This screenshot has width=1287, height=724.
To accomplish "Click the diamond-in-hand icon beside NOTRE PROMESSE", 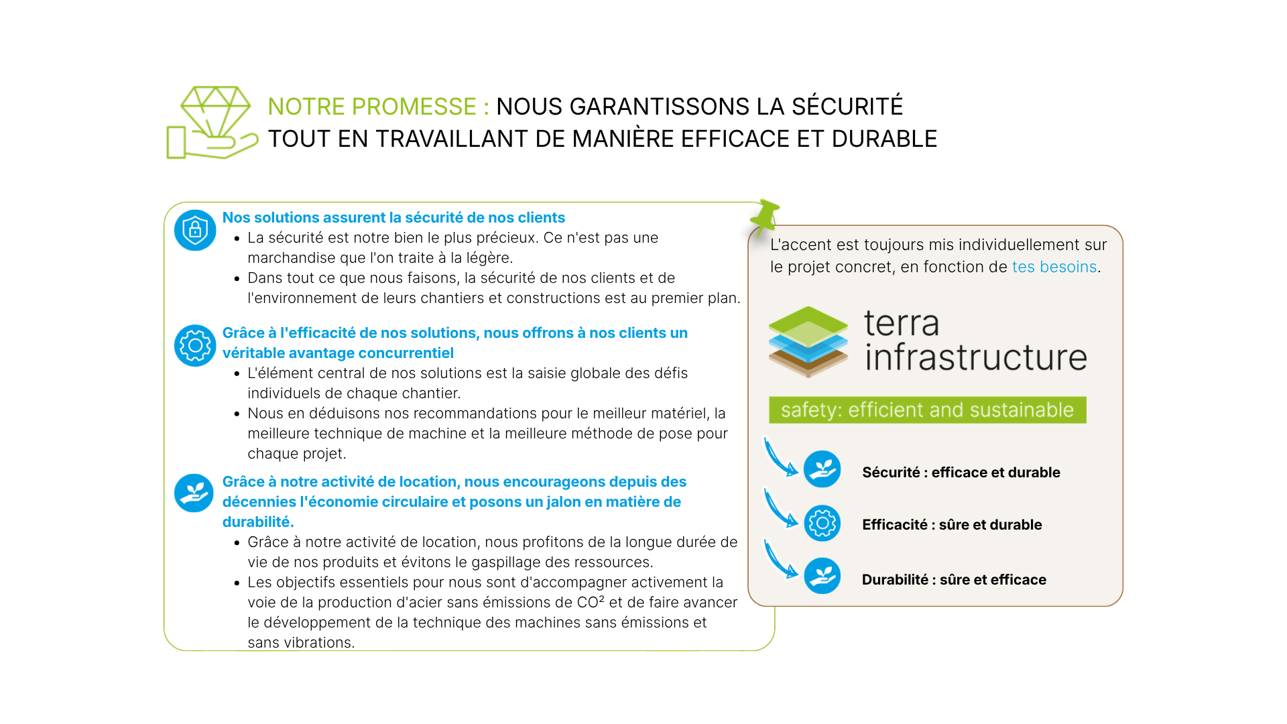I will [212, 123].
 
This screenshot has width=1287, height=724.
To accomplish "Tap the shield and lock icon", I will [195, 231].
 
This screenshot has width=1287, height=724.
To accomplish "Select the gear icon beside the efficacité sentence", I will [195, 345].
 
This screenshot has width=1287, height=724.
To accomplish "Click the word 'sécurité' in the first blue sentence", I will [434, 218].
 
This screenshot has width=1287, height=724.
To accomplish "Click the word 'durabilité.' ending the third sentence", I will [258, 522].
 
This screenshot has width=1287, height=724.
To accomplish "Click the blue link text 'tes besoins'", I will [1054, 267].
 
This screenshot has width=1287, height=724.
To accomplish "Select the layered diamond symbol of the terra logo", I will [808, 342].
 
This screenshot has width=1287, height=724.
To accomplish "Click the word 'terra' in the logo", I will [902, 323].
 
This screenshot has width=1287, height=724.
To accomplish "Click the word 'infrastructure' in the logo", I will [975, 357].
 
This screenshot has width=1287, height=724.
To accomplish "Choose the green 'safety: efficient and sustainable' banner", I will [927, 410].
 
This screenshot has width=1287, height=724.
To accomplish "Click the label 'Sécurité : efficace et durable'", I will [961, 473].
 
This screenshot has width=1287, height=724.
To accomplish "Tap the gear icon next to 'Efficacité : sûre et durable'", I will [822, 523].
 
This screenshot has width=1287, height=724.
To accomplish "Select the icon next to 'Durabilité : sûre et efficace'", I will [822, 576].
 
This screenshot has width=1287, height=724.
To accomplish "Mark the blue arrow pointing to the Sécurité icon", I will [780, 458].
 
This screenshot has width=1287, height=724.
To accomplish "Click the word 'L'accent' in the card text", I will [798, 245].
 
